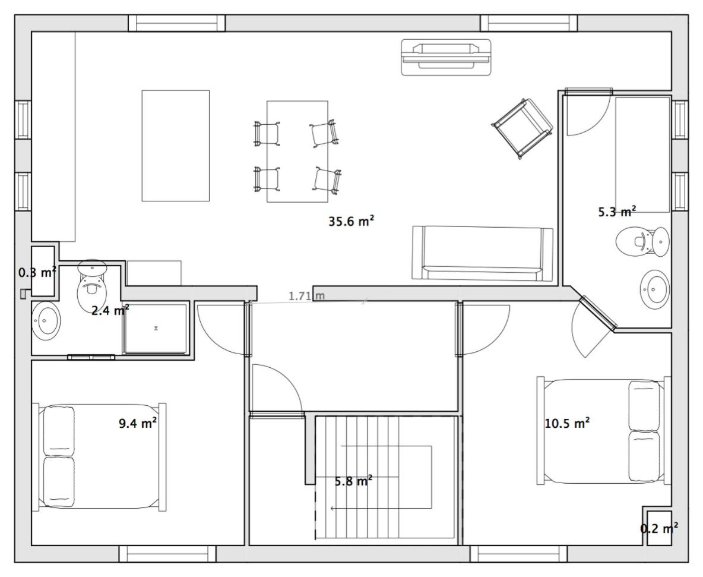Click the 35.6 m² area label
[x=351, y=221]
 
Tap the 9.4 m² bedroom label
[x=138, y=423]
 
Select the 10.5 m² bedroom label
[x=567, y=422]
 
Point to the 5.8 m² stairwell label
[x=354, y=481]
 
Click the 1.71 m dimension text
[x=306, y=296]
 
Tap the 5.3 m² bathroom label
[x=617, y=212]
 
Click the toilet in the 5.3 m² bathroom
[x=642, y=241]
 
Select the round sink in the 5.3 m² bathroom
[x=654, y=289]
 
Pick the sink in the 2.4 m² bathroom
[x=45, y=320]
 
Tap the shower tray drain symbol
[x=156, y=329]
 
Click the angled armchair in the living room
[x=522, y=129]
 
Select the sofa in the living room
[x=482, y=254]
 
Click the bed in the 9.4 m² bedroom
[x=99, y=457]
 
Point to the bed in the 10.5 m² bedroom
[x=603, y=431]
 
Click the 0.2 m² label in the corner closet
[x=658, y=528]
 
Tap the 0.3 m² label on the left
[x=37, y=272]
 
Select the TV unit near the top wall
[x=446, y=57]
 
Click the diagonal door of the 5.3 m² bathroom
[x=598, y=313]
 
